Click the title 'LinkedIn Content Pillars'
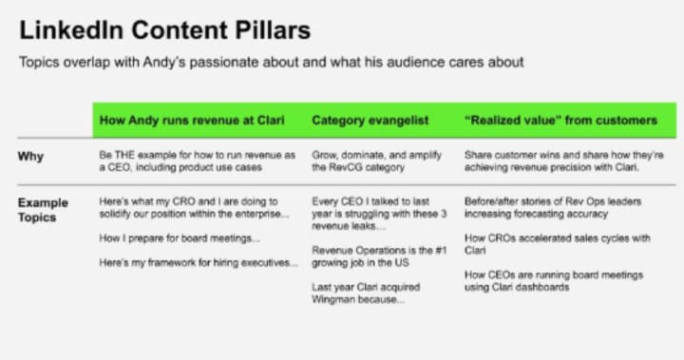165,31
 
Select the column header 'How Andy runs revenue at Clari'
192,121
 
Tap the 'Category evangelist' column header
370,121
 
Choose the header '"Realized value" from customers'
561,121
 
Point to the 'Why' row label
30,156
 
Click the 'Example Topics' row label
43,210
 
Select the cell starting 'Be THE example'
198,161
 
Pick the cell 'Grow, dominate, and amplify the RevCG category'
376,161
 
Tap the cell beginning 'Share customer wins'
564,161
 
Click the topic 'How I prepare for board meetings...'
180,238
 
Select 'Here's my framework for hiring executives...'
199,263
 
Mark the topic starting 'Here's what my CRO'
194,208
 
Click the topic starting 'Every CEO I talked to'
379,214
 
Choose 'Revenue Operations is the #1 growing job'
379,256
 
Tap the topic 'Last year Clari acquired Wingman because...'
366,294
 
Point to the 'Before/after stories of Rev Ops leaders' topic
553,208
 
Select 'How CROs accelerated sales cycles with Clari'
557,244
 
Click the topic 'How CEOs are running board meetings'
554,281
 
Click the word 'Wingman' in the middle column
332,300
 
